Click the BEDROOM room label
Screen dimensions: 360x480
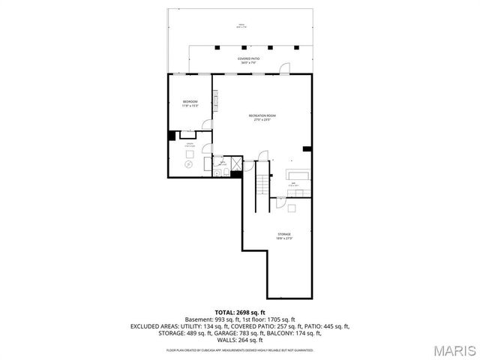coord(190,103)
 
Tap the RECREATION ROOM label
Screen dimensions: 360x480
coord(262,116)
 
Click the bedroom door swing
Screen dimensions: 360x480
coord(209,124)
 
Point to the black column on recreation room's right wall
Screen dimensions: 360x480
coord(307,149)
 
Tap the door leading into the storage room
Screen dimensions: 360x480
coord(280,201)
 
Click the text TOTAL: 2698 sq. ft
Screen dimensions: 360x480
coord(240,312)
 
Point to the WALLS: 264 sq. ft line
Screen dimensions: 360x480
coord(240,340)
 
